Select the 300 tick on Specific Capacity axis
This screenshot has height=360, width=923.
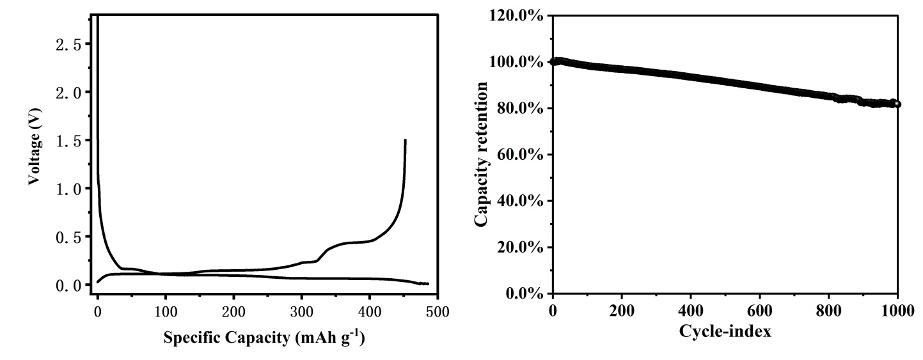302,311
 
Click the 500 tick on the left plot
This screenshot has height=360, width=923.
438,311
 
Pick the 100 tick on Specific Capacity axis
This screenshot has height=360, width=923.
166,311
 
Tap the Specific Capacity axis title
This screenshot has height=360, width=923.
264,338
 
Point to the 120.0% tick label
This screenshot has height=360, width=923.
516,15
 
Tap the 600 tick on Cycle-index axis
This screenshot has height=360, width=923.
759,311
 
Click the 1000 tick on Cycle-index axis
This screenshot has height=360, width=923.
898,311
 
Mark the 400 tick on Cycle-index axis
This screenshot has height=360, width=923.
690,311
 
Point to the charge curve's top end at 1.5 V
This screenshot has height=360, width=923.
406,140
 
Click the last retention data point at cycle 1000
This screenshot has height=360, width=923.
897,104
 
